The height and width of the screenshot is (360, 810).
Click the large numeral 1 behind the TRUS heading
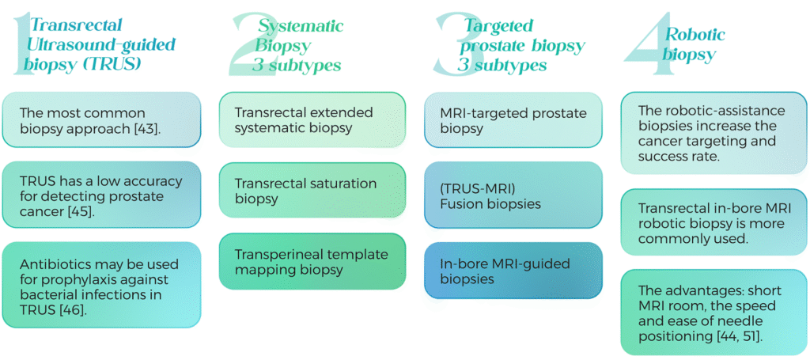[x=20, y=47]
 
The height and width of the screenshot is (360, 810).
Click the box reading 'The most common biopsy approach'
[x=101, y=119]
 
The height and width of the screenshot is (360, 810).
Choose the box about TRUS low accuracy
[x=101, y=195]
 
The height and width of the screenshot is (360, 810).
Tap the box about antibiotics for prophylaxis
[x=101, y=285]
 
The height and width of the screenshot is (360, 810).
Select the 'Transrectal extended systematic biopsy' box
[x=312, y=119]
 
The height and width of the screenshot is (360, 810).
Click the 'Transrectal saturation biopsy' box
[x=312, y=190]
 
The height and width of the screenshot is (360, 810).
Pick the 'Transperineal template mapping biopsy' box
[x=312, y=261]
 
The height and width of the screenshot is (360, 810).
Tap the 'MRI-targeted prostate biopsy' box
[x=513, y=119]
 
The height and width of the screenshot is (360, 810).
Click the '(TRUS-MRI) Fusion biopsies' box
[x=513, y=195]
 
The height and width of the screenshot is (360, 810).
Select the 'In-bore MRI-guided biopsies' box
[x=513, y=271]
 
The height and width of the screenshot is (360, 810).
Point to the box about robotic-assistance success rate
[x=713, y=133]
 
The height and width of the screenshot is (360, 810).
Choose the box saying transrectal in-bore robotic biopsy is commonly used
[x=713, y=222]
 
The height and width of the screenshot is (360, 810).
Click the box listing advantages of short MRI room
[x=713, y=313]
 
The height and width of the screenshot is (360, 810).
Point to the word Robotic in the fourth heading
[x=695, y=34]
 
